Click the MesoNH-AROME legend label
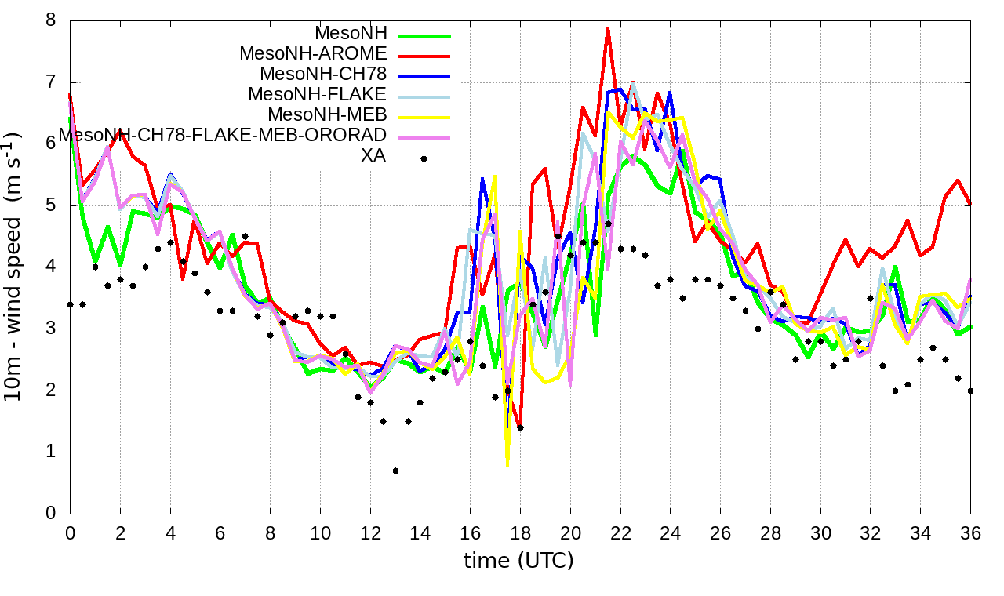[x=313, y=53]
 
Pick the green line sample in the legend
[x=424, y=35]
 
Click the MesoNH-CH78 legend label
[x=323, y=74]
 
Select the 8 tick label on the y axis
[x=51, y=20]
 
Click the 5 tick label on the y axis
[x=51, y=205]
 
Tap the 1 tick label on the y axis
[x=51, y=452]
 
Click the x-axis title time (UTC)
[x=519, y=561]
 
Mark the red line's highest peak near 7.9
[x=608, y=27]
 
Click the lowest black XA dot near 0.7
[x=395, y=471]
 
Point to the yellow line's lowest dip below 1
[x=507, y=465]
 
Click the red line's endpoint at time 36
[x=970, y=204]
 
